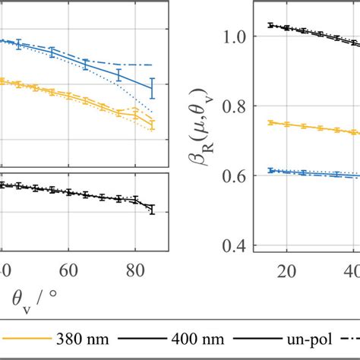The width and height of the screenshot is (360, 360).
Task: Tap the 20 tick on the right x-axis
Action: pos(287,270)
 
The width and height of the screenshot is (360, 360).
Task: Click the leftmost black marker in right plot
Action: pos(271,25)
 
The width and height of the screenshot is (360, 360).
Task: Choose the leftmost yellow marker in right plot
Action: pos(271,122)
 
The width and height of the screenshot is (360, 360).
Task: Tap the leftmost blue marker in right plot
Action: pos(271,171)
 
